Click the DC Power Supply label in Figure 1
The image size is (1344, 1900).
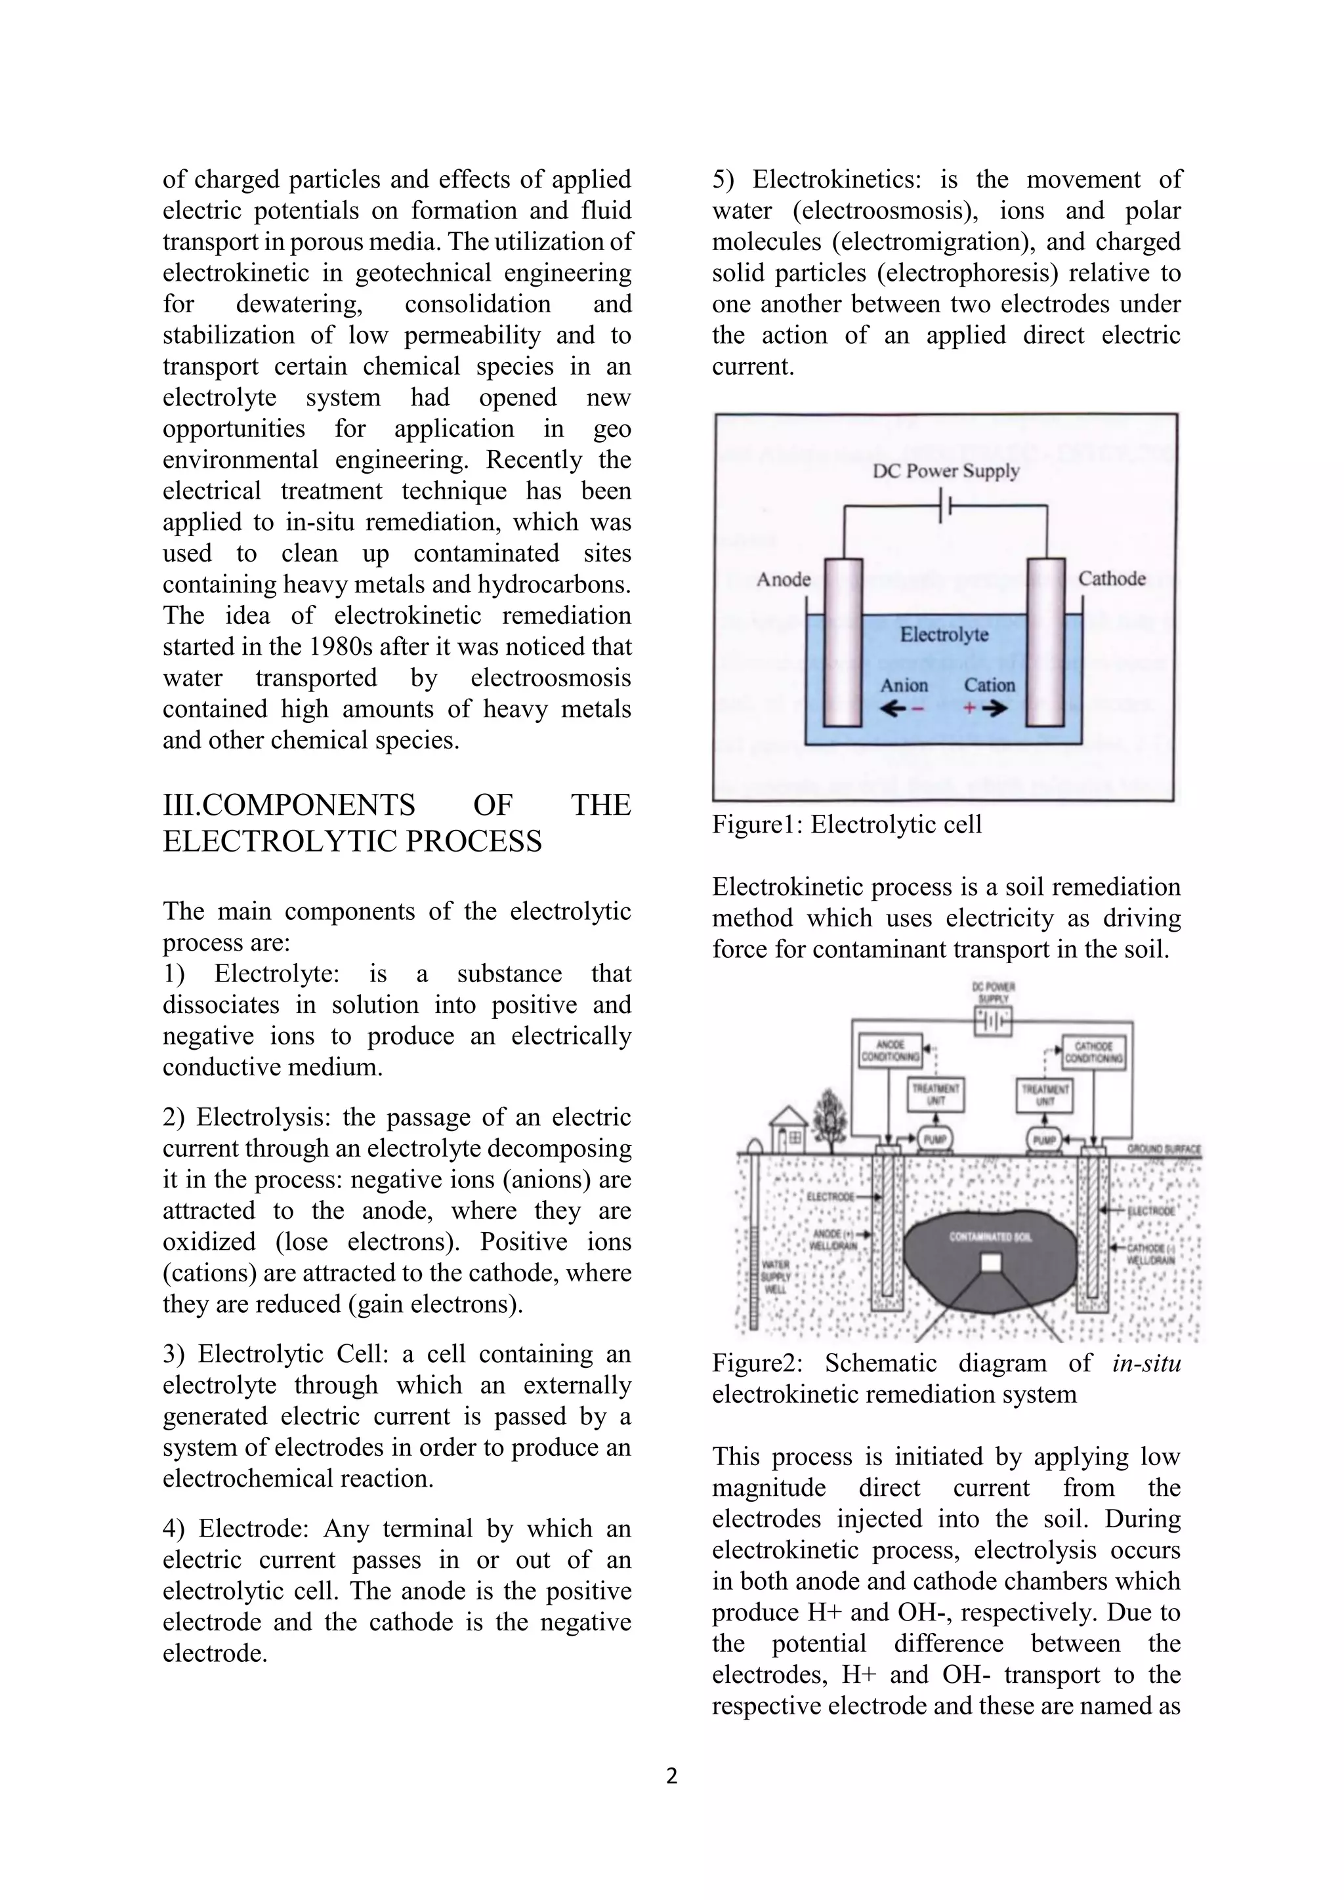click(x=946, y=471)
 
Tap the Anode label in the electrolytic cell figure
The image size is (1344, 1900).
click(x=783, y=579)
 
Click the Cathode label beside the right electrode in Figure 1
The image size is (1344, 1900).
click(x=1112, y=579)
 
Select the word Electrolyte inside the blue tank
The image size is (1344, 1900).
click(x=944, y=634)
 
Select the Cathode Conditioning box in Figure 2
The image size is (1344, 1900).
click(x=1093, y=1051)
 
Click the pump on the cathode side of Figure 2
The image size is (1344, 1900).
click(x=1044, y=1140)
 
